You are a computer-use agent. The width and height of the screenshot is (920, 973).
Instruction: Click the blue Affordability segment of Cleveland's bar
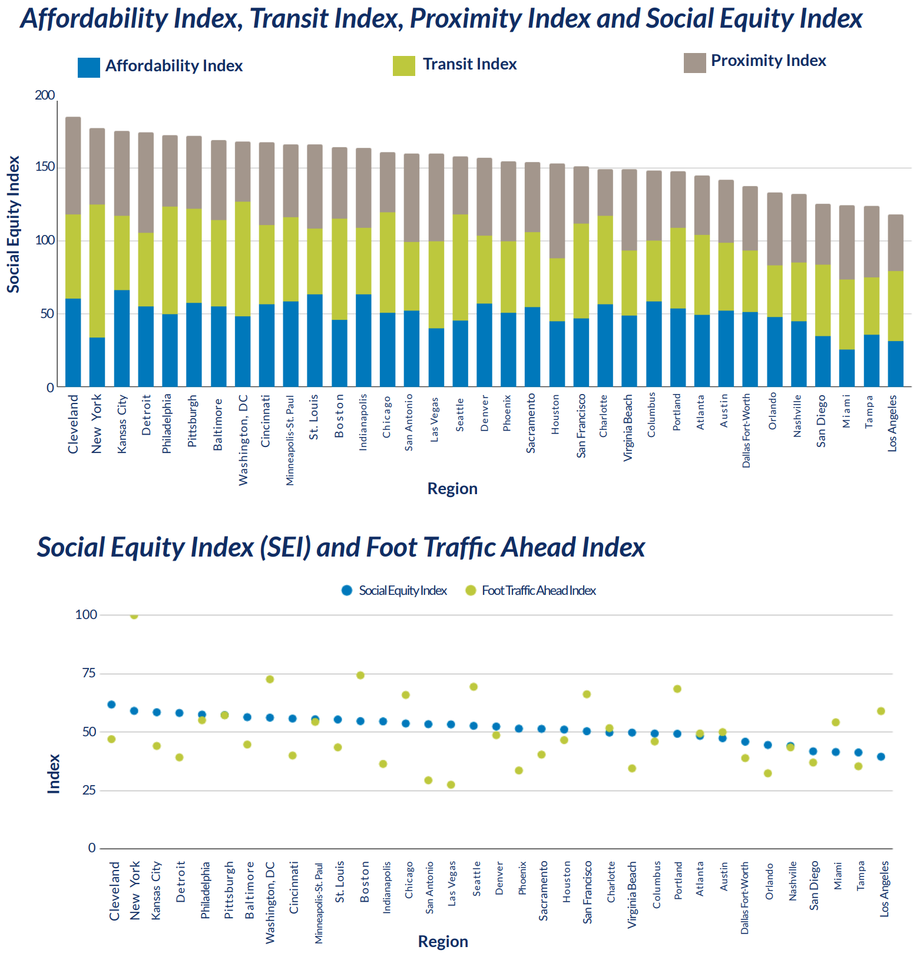(73, 343)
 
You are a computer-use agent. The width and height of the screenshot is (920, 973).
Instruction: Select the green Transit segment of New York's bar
(97, 271)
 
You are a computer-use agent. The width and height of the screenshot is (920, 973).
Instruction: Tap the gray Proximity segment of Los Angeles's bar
(895, 243)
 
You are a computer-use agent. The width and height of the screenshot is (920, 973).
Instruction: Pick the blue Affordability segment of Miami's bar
(847, 368)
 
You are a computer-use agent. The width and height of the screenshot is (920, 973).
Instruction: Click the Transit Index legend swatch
(404, 66)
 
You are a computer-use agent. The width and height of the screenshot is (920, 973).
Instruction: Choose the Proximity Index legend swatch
(695, 63)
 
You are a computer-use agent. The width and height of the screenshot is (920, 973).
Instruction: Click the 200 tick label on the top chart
(45, 95)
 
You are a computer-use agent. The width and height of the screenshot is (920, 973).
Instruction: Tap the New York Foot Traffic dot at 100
(134, 615)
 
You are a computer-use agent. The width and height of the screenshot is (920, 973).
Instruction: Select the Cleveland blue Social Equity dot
(111, 704)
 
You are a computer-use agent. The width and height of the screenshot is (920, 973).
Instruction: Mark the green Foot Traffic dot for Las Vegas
(451, 785)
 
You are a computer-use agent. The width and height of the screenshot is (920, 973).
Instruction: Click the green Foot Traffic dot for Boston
(360, 675)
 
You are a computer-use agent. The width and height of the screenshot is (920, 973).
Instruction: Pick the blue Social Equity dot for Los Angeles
(881, 757)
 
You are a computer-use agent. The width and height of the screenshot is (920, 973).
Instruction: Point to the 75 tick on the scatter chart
(90, 673)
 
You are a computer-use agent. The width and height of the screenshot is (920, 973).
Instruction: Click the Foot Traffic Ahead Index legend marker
(471, 590)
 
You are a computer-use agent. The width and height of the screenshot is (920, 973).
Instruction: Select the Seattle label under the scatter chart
(476, 879)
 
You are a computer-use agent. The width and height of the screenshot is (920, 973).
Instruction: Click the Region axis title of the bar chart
(452, 489)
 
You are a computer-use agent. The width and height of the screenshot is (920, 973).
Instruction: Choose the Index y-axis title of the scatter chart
(54, 774)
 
